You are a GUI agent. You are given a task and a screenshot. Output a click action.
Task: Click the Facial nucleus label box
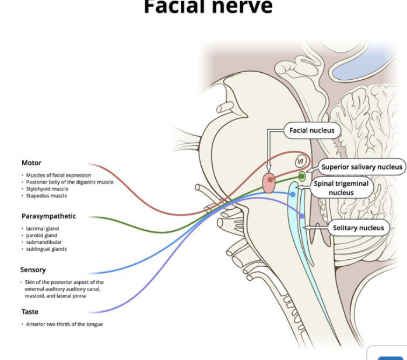click(x=312, y=130)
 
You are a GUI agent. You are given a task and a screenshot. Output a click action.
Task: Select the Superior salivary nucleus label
click(x=362, y=167)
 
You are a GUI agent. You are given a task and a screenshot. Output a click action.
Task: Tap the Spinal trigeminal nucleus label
click(x=341, y=188)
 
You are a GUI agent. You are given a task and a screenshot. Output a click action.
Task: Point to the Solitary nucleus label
click(x=358, y=228)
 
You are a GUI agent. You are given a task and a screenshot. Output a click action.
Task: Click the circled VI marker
click(x=300, y=161)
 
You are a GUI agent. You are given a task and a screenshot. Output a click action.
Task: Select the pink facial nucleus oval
click(x=269, y=182)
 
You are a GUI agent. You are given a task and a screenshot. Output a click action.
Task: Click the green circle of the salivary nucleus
click(x=302, y=176)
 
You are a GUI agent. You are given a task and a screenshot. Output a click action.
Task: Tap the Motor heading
click(x=31, y=163)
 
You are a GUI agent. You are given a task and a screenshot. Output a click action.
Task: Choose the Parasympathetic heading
click(x=48, y=216)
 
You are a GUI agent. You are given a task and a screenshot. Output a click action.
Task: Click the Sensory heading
click(x=33, y=270)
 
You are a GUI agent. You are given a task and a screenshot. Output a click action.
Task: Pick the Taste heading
click(x=30, y=312)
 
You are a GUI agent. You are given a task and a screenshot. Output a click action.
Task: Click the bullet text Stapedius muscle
click(x=47, y=196)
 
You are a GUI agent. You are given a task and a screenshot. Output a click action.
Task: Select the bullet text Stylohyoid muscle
click(x=47, y=189)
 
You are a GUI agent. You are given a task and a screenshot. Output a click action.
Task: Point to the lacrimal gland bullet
click(x=42, y=228)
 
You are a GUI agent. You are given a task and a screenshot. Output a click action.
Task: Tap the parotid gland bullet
click(x=41, y=235)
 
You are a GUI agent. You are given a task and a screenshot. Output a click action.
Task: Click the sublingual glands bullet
click(x=46, y=249)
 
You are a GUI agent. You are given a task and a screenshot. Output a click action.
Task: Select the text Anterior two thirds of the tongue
click(x=64, y=324)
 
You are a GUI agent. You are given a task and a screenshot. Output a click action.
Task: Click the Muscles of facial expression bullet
click(x=58, y=175)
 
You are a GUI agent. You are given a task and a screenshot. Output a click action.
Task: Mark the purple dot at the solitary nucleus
click(x=302, y=216)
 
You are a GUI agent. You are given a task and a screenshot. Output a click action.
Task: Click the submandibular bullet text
click(x=44, y=242)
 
